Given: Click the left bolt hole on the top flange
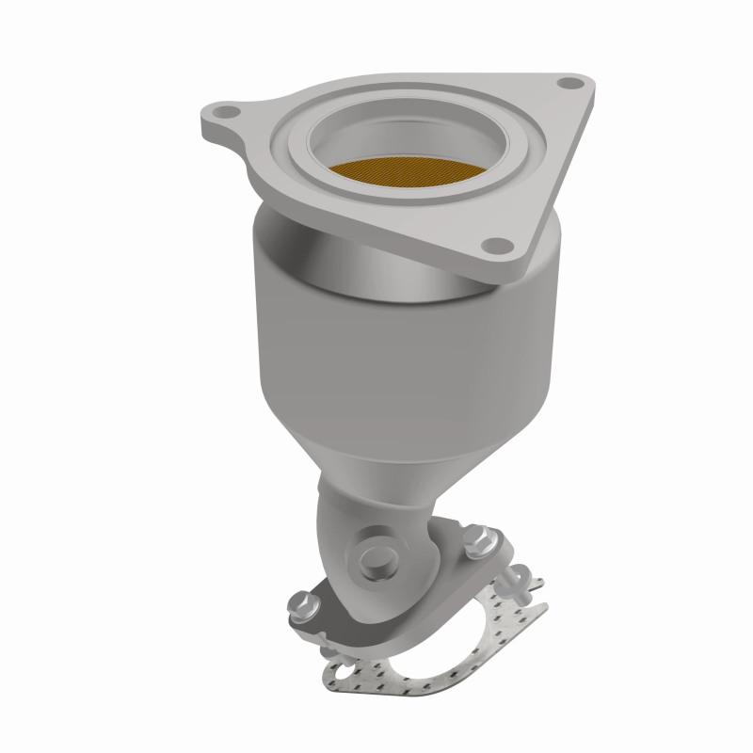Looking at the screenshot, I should [222, 117].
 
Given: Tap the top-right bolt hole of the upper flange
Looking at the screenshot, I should [565, 85].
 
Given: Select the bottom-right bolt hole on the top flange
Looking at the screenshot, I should [492, 247].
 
